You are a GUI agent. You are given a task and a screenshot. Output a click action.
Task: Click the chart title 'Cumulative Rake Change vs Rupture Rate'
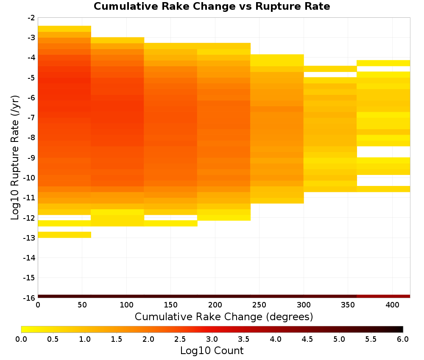[x=212, y=6]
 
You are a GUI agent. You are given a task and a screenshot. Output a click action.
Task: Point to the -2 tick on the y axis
[x=31, y=18]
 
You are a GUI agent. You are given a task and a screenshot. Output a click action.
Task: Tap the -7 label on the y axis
[x=31, y=118]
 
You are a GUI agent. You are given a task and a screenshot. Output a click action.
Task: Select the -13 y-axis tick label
[x=30, y=238]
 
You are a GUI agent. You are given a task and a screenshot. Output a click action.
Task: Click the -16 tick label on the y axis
[x=30, y=298]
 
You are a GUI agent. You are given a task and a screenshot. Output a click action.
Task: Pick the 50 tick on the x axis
[x=82, y=305]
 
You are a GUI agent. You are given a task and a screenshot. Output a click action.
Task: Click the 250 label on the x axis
[x=259, y=305]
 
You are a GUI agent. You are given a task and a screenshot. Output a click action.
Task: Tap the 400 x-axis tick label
[x=392, y=305]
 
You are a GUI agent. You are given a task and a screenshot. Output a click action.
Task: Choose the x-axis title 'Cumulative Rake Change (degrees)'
[x=224, y=316]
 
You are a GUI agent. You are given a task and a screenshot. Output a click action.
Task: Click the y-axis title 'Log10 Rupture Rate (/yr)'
[x=15, y=158]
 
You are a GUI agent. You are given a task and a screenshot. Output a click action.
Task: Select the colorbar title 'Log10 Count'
[x=212, y=351]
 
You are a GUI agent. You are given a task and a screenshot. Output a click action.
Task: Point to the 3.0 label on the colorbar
[x=212, y=339]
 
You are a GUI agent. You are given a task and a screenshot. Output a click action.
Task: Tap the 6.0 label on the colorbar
[x=403, y=339]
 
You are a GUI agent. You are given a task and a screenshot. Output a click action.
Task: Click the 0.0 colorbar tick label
[x=21, y=339]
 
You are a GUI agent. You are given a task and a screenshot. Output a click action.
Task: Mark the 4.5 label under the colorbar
[x=307, y=339]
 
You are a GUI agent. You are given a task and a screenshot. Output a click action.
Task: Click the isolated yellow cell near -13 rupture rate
[x=64, y=235]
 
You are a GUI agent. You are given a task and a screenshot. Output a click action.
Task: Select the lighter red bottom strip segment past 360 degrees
[x=383, y=296]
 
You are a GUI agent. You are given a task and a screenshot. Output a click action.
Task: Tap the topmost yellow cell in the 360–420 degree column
[x=383, y=63]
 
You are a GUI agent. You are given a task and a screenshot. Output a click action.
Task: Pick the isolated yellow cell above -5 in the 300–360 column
[x=330, y=69]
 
